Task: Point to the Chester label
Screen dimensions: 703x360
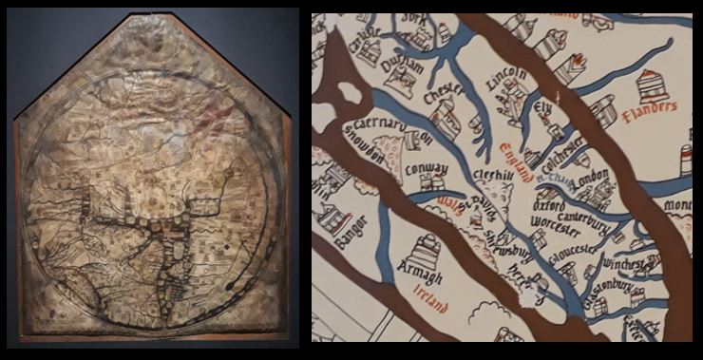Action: coord(443,98)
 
